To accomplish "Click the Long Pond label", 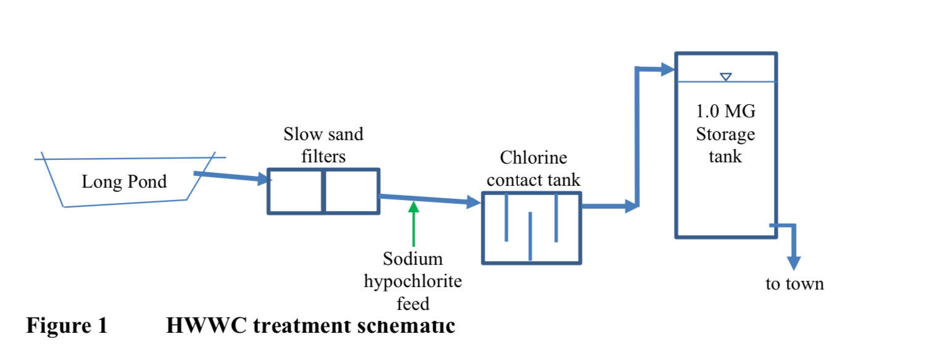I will click(124, 182).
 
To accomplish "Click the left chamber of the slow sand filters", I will click(295, 191).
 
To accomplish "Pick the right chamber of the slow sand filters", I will click(351, 191).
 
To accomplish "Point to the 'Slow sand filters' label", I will click(323, 145).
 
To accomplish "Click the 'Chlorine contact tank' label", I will click(533, 169).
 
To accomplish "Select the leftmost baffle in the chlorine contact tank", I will click(506, 217).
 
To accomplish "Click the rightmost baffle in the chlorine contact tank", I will click(556, 217).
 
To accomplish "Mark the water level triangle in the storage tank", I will click(726, 77).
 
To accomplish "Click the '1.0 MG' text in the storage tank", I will click(726, 112).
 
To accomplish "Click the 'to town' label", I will click(794, 284).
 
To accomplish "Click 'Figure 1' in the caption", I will click(67, 325).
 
